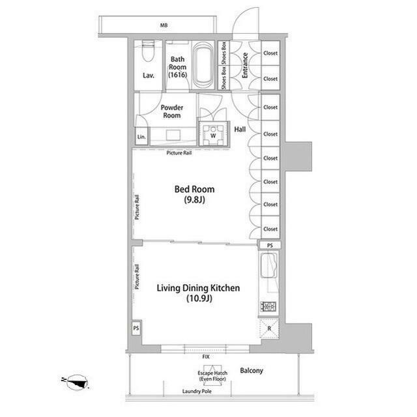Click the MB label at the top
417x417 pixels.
click(164, 25)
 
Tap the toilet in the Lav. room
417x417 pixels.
click(148, 51)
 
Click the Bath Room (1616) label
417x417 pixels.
click(178, 67)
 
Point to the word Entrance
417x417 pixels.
click(245, 65)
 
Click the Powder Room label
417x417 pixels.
click(172, 111)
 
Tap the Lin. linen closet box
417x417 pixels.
click(141, 136)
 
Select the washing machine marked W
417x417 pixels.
click(213, 134)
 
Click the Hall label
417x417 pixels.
click(240, 130)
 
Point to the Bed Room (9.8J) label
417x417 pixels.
click(194, 194)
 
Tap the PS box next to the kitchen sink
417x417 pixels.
click(270, 246)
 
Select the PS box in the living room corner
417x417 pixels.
click(136, 328)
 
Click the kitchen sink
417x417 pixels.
click(269, 265)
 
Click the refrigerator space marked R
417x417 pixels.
click(269, 328)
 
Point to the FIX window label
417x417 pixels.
click(206, 356)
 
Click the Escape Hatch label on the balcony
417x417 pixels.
click(212, 376)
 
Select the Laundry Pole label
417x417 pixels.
click(197, 391)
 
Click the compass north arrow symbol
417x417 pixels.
click(76, 382)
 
